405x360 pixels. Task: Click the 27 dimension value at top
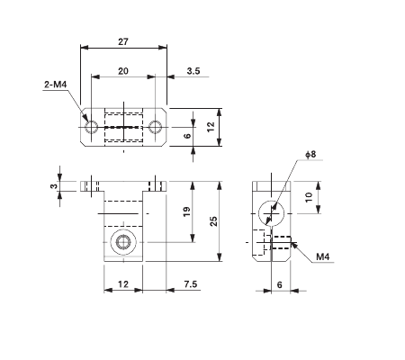point(124,41)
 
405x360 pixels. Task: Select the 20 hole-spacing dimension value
point(123,70)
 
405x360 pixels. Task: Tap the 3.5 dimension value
point(193,70)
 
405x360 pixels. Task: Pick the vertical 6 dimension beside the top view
point(186,135)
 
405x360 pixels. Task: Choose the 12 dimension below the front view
point(123,283)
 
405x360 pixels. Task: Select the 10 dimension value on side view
point(309,196)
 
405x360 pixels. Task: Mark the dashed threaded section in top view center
point(123,127)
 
